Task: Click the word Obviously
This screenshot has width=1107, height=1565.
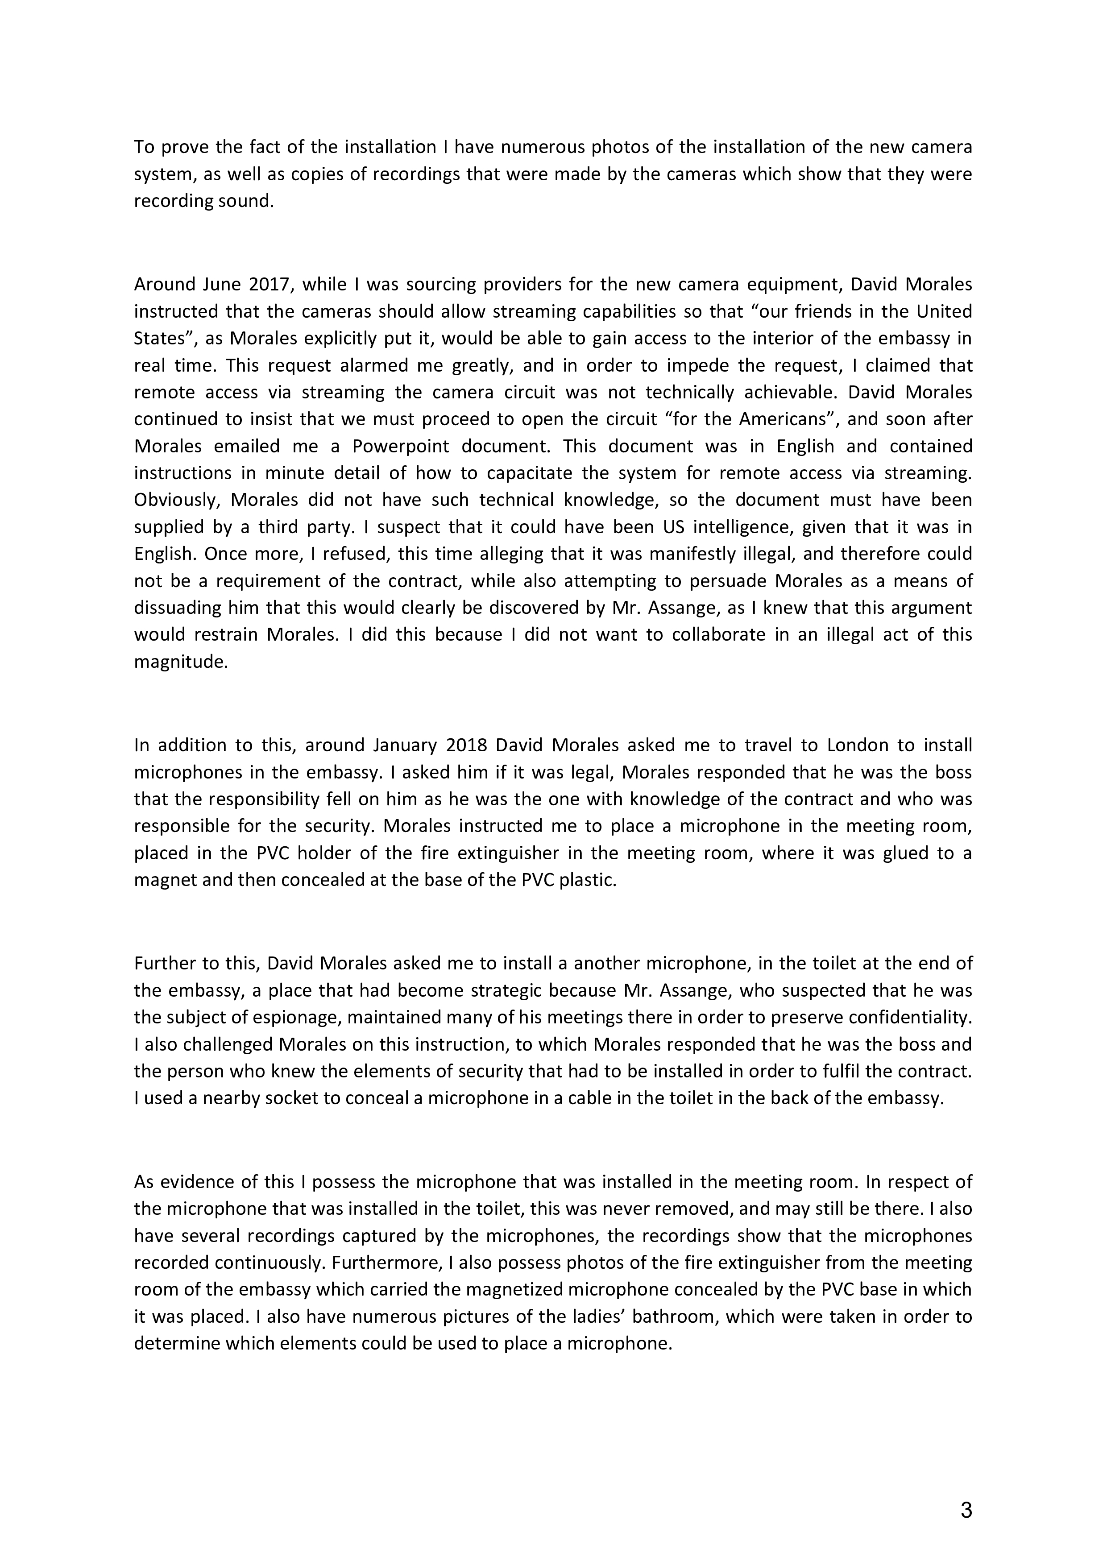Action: (177, 500)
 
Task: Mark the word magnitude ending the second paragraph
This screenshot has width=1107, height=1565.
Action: (180, 661)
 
